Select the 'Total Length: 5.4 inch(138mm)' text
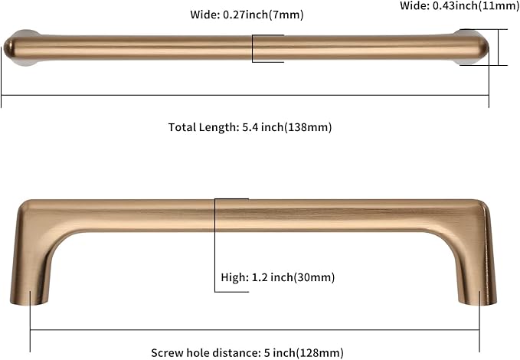tap(250, 128)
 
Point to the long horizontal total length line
tap(245, 96)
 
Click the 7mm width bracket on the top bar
tap(253, 47)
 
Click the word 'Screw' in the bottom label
tap(168, 352)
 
